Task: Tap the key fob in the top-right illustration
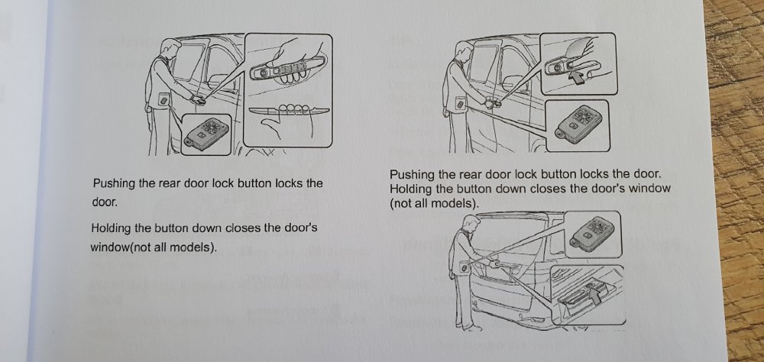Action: (577, 125)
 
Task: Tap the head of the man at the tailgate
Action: (469, 225)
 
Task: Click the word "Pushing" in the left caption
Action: (114, 184)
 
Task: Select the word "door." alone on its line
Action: (105, 202)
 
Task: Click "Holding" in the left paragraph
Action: (111, 228)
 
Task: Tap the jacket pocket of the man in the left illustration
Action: (163, 100)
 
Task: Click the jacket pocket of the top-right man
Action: (459, 103)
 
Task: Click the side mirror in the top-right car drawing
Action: (512, 79)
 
